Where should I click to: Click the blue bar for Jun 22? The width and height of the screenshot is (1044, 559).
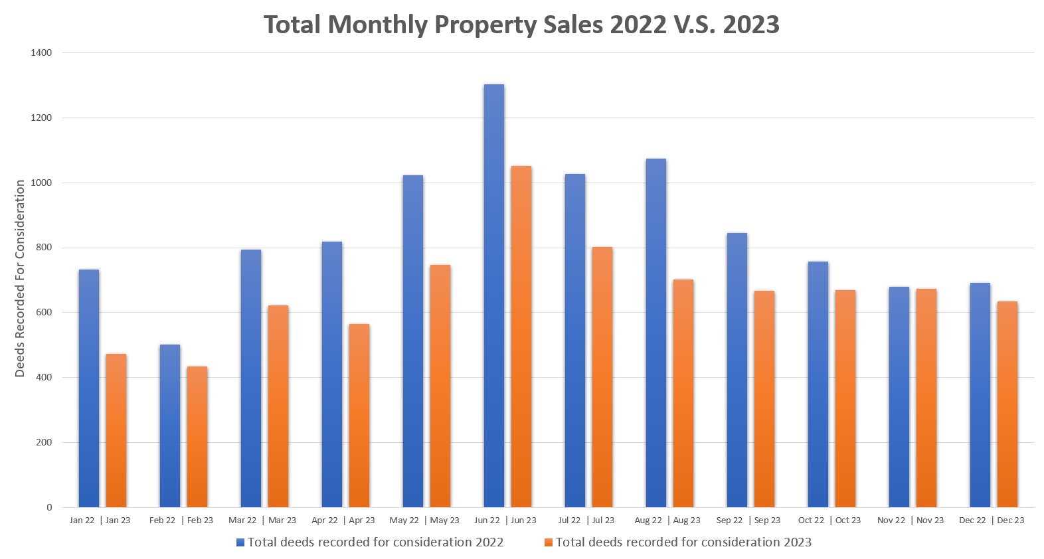pos(493,295)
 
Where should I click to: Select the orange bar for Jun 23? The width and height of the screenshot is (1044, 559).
pos(521,337)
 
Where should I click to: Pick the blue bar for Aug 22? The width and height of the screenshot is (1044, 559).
pos(655,333)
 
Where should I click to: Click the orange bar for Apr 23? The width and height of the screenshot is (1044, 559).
pos(359,416)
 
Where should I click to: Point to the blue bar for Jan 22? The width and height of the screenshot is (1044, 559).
pos(88,388)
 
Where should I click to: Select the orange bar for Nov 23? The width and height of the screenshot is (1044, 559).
pos(926,398)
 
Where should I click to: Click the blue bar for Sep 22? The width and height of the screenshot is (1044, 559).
pos(737,370)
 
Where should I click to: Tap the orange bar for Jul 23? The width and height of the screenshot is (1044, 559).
pos(602,377)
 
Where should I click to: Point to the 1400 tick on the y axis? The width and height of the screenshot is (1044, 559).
pos(41,52)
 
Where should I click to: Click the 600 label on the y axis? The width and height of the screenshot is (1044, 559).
pos(44,312)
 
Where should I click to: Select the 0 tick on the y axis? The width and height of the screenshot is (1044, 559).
pos(49,507)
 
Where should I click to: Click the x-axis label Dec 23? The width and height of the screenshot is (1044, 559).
pos(1010,520)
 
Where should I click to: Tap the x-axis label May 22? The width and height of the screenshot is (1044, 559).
pos(404,520)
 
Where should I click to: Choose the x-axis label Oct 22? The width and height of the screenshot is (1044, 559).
pos(811,520)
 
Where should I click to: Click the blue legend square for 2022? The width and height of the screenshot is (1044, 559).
pos(240,542)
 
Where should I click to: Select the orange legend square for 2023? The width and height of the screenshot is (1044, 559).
pos(549,542)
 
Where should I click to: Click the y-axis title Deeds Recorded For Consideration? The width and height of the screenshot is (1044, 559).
pos(20,278)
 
